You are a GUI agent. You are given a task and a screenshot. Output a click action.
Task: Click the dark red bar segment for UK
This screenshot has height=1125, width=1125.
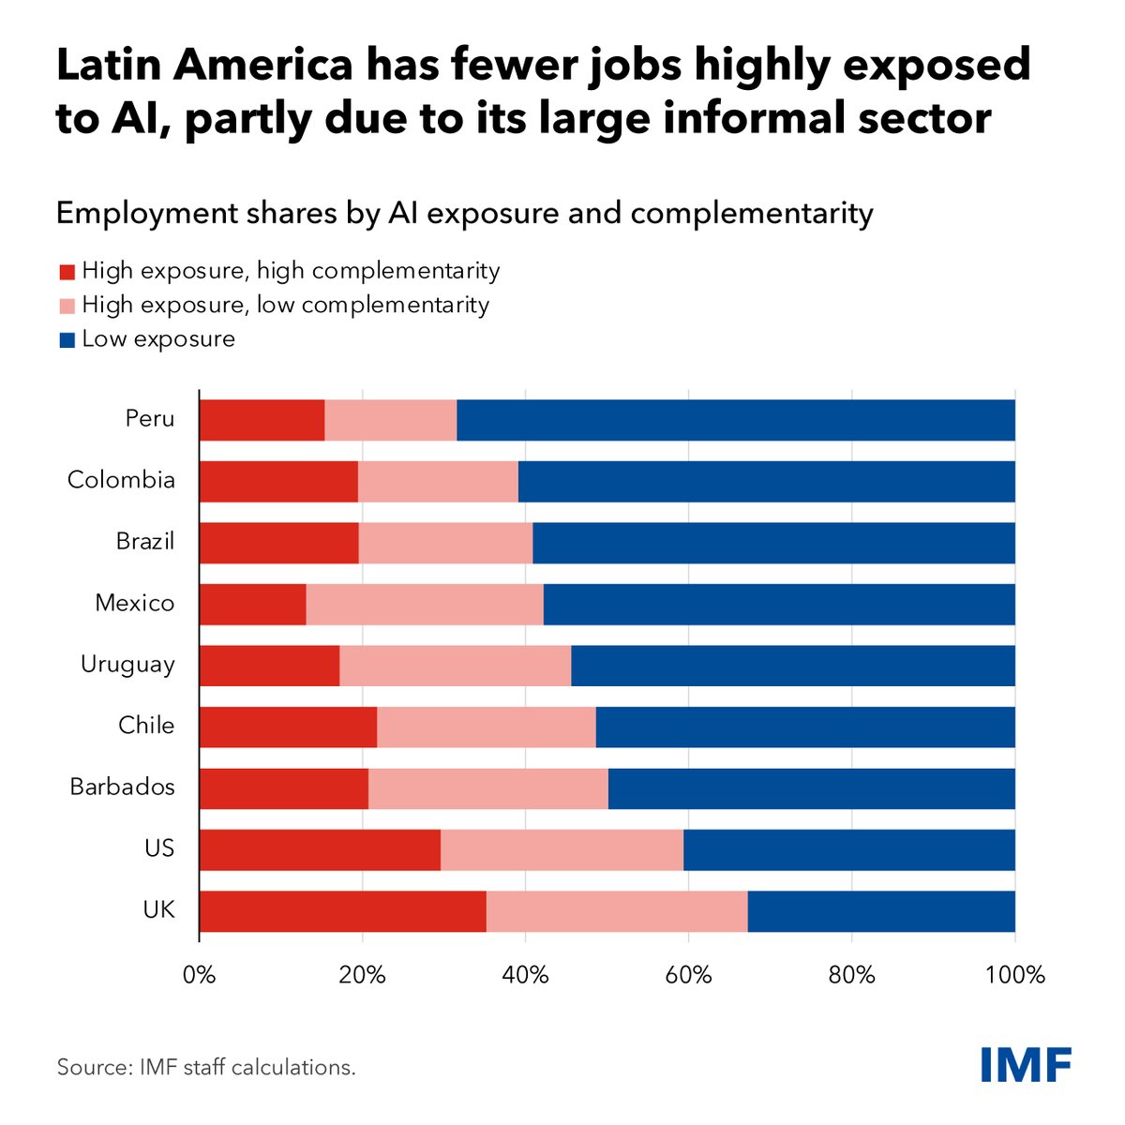tap(342, 911)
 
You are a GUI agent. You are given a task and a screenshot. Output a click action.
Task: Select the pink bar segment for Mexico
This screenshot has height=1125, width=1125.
tap(425, 604)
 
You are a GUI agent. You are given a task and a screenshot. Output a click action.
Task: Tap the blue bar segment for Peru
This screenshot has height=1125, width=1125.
tap(736, 420)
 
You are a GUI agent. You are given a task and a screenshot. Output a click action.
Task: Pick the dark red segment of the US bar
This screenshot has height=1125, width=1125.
tap(320, 849)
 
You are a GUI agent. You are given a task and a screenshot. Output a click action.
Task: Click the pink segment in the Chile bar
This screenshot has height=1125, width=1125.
tap(486, 727)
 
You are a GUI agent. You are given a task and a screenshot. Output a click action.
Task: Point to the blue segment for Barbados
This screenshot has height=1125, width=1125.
tap(811, 788)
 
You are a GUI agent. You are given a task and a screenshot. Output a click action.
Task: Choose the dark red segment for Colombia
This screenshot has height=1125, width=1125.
tap(278, 481)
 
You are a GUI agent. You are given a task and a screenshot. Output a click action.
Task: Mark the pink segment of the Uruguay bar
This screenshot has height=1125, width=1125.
tap(455, 666)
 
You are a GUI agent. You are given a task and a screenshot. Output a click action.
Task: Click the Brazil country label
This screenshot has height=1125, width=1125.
tap(145, 542)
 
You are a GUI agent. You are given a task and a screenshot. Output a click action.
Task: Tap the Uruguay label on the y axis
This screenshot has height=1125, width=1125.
tap(127, 665)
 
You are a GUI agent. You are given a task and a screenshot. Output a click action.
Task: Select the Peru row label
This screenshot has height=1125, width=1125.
tap(150, 419)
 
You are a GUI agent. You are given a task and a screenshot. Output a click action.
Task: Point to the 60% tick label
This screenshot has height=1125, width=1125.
tap(688, 975)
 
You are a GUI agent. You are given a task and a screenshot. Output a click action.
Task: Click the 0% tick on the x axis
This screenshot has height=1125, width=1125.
tap(199, 975)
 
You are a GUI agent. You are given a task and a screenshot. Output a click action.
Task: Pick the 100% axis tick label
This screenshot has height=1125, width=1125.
tap(1014, 975)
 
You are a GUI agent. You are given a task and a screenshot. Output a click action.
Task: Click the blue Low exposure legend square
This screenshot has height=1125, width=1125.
tap(67, 340)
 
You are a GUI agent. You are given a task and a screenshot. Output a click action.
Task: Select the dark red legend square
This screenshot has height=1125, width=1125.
tap(67, 272)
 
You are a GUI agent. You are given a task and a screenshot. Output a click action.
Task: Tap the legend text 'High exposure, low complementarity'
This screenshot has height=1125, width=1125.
tap(285, 305)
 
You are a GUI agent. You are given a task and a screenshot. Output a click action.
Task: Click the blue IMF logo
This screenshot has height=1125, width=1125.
tap(1026, 1064)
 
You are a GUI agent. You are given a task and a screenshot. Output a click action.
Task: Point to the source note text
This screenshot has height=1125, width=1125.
tap(206, 1067)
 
